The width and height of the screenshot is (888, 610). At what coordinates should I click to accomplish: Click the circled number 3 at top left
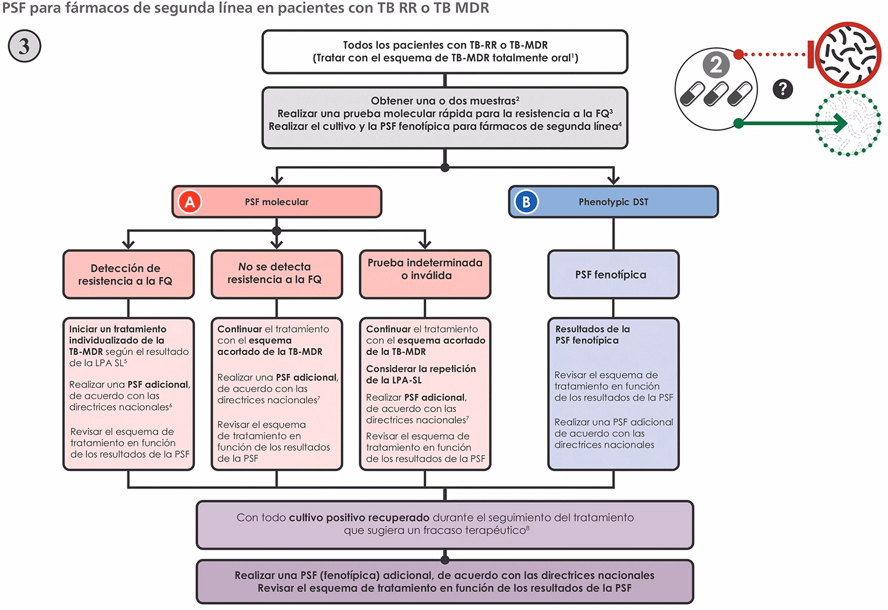tap(24, 46)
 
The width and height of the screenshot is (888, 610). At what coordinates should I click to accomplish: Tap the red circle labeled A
tap(190, 202)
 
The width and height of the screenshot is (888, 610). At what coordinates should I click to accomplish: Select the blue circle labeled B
tap(526, 202)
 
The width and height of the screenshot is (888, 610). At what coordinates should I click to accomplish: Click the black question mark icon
tap(783, 89)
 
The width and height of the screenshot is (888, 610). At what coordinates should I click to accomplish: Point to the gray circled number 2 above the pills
tap(715, 64)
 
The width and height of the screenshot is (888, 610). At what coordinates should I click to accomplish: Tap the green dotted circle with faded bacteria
tap(847, 124)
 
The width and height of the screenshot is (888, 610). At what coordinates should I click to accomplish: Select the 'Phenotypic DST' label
tap(613, 202)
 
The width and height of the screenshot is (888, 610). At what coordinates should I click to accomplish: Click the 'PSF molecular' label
tap(277, 202)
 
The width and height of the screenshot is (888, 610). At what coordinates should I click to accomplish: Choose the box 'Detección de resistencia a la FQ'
tap(129, 275)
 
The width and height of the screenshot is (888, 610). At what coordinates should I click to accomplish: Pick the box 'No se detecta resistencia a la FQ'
tap(277, 273)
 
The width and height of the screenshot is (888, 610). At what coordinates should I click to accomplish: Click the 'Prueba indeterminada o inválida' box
tap(425, 269)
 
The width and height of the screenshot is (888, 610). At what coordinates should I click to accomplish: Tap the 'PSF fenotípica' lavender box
tap(613, 275)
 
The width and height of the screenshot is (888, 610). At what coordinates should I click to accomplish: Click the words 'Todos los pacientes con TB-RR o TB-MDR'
tap(445, 45)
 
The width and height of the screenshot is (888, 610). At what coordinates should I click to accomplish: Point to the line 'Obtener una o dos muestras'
tap(445, 101)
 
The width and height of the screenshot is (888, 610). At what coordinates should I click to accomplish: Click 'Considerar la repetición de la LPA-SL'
tap(421, 374)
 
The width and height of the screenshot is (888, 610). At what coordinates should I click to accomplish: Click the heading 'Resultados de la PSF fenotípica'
tap(592, 334)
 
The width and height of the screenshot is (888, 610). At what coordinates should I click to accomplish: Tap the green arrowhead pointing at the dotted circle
tap(840, 124)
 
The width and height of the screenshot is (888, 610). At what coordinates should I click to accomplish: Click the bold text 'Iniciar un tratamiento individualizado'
tap(117, 334)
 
